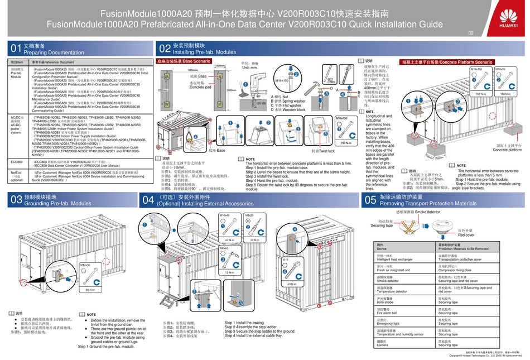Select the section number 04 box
[148, 199]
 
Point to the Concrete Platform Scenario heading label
[447, 62]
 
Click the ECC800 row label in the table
[16, 161]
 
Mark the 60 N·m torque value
[89, 290]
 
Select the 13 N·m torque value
[228, 272]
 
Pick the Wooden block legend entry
[287, 109]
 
